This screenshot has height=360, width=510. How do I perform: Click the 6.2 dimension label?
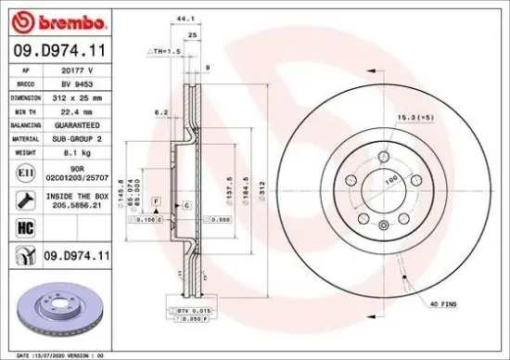coord(159,112)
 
